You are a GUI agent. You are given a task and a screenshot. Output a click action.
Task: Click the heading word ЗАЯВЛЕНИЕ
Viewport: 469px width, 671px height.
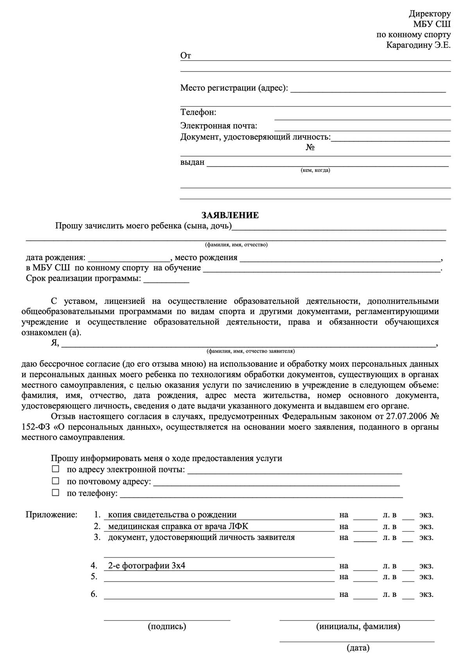(230, 215)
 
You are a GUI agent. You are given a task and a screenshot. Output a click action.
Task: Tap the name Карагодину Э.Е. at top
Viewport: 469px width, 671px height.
(418, 45)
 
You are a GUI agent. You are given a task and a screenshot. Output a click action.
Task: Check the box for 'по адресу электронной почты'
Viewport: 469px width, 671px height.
(56, 468)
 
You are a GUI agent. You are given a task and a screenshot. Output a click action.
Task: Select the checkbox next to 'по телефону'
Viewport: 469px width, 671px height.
(56, 493)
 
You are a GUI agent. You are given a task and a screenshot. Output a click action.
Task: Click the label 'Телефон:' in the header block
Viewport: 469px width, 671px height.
(198, 112)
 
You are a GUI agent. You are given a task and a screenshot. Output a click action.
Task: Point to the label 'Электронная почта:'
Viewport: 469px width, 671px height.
(218, 126)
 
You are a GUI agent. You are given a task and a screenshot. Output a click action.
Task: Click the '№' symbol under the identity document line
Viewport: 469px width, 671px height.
(310, 148)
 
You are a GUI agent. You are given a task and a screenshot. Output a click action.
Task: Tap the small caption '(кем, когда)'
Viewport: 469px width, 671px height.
(315, 170)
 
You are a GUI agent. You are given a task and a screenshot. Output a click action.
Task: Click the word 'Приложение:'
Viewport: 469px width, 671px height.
(52, 515)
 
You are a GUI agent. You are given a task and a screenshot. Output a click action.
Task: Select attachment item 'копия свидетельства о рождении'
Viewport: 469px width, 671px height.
(172, 515)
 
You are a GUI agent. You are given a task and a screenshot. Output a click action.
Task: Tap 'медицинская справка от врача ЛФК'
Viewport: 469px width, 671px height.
(178, 526)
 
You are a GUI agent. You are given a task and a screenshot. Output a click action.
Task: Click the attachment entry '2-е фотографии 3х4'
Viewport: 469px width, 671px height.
(147, 566)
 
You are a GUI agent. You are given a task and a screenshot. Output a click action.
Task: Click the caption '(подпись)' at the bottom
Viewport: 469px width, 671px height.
(167, 626)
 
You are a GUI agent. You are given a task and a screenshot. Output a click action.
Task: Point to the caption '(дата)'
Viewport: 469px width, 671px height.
(358, 648)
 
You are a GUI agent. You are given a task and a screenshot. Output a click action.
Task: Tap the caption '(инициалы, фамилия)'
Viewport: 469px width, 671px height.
(358, 626)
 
